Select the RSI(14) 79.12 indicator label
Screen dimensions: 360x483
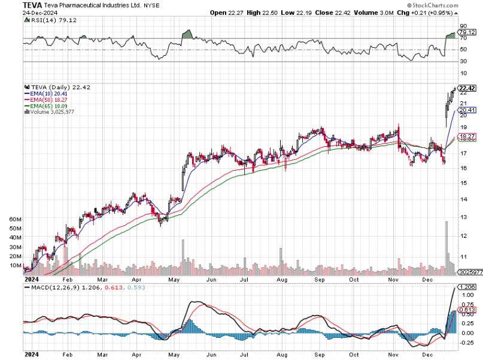pyautogui.click(x=48, y=20)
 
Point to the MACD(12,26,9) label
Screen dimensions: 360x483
pyautogui.click(x=45, y=288)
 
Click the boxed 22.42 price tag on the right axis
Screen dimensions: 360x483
pyautogui.click(x=467, y=88)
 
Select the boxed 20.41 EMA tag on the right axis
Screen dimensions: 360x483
pyautogui.click(x=467, y=110)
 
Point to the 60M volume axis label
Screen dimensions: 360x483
pyautogui.click(x=16, y=220)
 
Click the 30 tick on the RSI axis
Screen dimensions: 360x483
pyautogui.click(x=463, y=62)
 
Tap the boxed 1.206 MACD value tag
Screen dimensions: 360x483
pyautogui.click(x=467, y=287)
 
